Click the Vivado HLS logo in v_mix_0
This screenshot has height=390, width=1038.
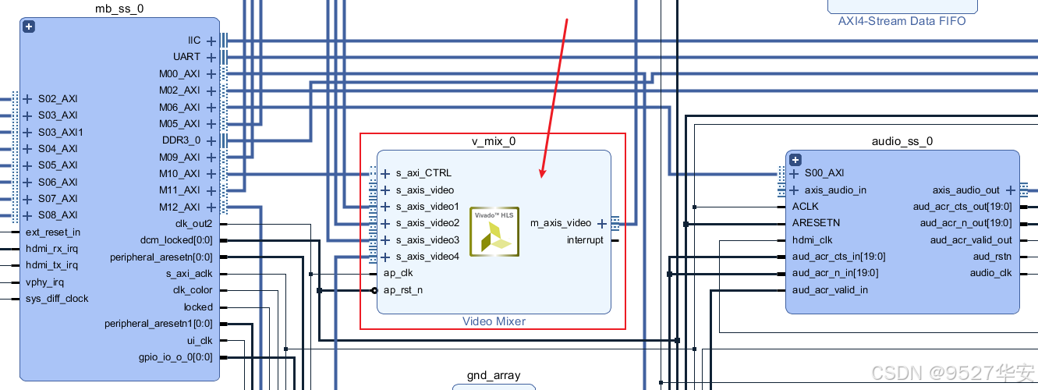494,232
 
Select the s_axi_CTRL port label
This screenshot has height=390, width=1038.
423,173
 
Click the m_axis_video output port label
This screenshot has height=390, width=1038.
561,223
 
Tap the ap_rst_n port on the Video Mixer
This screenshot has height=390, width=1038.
404,290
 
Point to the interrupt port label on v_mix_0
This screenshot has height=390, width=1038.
585,240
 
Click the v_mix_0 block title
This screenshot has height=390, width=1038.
493,141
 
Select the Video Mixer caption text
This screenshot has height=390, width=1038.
494,321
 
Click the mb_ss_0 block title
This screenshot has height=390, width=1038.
119,9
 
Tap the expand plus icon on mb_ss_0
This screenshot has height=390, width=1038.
29,27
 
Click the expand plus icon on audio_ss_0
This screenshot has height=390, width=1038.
795,160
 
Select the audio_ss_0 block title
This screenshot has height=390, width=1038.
902,141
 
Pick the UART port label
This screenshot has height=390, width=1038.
186,57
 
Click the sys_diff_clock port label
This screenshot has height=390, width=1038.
57,299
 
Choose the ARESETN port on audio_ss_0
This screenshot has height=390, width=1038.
816,223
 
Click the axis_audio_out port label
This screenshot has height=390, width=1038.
965,190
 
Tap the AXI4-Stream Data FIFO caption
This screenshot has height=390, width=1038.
902,21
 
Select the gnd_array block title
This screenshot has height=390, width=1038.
494,375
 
